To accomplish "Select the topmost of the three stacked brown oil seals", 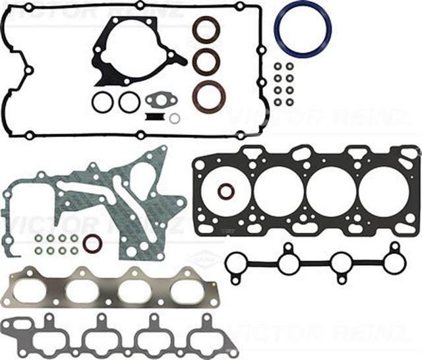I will click(206, 29).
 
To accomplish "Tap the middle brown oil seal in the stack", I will click(206, 61).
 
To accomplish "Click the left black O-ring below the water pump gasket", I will click(102, 102).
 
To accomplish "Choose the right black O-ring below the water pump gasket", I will click(129, 102).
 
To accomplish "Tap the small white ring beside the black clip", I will click(175, 119).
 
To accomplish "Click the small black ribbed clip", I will click(154, 117).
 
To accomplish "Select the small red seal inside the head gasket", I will click(226, 192).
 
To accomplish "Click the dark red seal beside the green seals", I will click(92, 244).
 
